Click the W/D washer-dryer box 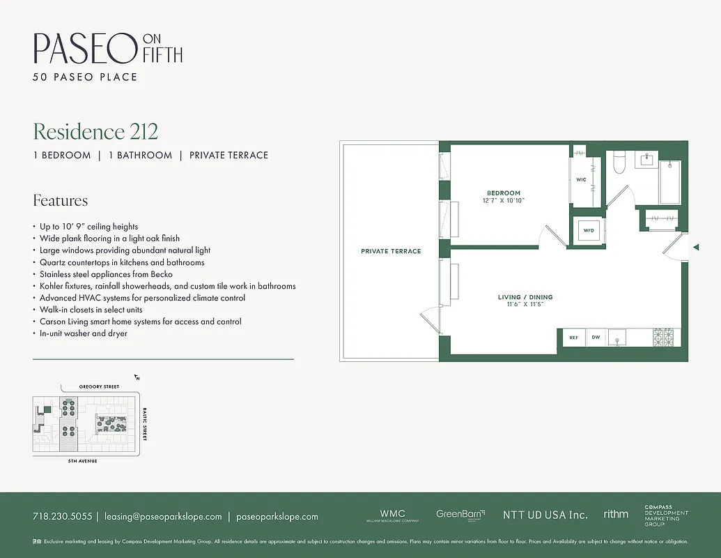tap(589, 230)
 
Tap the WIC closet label tap(581, 180)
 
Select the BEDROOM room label tap(503, 193)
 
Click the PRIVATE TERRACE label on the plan tap(391, 251)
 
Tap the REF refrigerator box tap(574, 338)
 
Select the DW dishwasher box tap(596, 338)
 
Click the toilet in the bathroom tap(619, 163)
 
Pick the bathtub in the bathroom tap(670, 183)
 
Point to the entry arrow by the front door tap(695, 247)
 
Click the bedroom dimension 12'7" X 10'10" tap(503, 201)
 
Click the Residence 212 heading tap(95, 131)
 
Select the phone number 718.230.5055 tap(62, 517)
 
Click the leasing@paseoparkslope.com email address tap(163, 517)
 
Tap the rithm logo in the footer tap(616, 514)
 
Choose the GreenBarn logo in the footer tap(460, 515)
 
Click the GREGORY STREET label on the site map tap(99, 386)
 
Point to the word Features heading tap(61, 201)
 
